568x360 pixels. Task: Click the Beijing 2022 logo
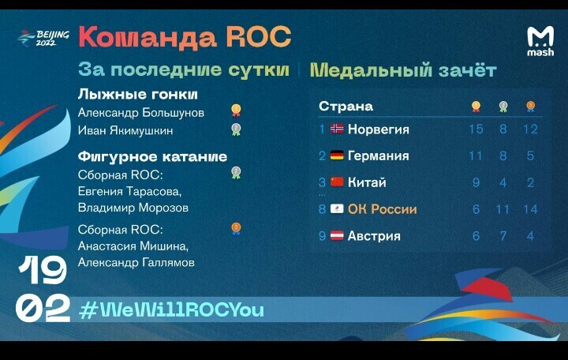(43, 39)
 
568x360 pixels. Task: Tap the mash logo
(540, 41)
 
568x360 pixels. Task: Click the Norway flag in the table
(337, 129)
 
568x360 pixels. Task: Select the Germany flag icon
(337, 156)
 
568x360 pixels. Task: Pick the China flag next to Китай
(337, 182)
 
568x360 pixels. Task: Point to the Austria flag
(337, 235)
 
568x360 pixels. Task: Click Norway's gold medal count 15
(476, 129)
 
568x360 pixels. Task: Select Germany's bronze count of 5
(530, 156)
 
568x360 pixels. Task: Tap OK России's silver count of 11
(503, 209)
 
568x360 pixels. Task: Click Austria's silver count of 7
(503, 236)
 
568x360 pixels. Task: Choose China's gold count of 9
(476, 182)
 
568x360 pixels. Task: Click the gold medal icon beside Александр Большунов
(236, 111)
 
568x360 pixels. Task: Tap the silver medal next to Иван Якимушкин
(236, 129)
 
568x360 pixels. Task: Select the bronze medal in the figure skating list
(236, 229)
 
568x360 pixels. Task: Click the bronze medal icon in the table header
(530, 107)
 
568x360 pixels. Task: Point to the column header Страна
(346, 107)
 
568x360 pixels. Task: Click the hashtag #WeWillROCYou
(171, 310)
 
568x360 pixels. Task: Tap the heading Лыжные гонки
(137, 94)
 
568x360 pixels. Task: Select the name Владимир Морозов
(133, 208)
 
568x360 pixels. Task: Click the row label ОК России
(382, 209)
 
